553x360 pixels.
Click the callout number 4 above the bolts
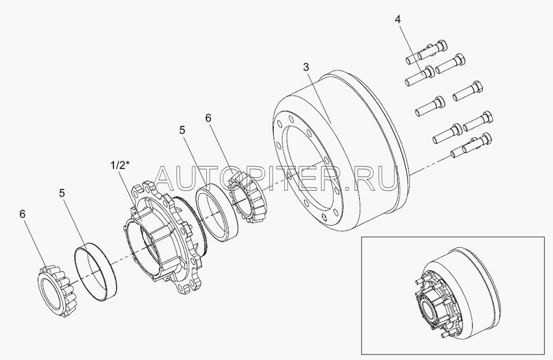click(398, 20)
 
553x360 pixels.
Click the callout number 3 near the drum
click(306, 67)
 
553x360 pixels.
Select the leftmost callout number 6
click(23, 214)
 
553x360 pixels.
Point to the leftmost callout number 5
click(62, 193)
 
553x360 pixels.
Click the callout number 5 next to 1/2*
click(182, 130)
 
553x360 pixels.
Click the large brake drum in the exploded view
click(338, 150)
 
